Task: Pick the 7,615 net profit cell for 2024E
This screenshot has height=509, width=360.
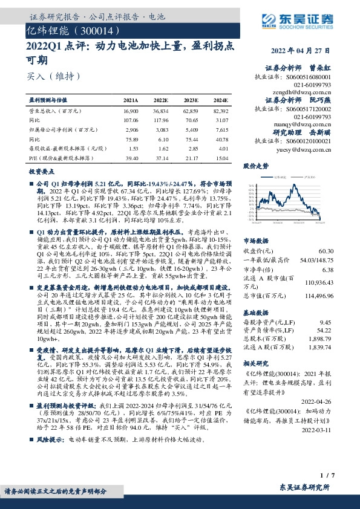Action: click(x=221, y=129)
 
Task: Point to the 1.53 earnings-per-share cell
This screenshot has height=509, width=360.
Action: click(x=133, y=148)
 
